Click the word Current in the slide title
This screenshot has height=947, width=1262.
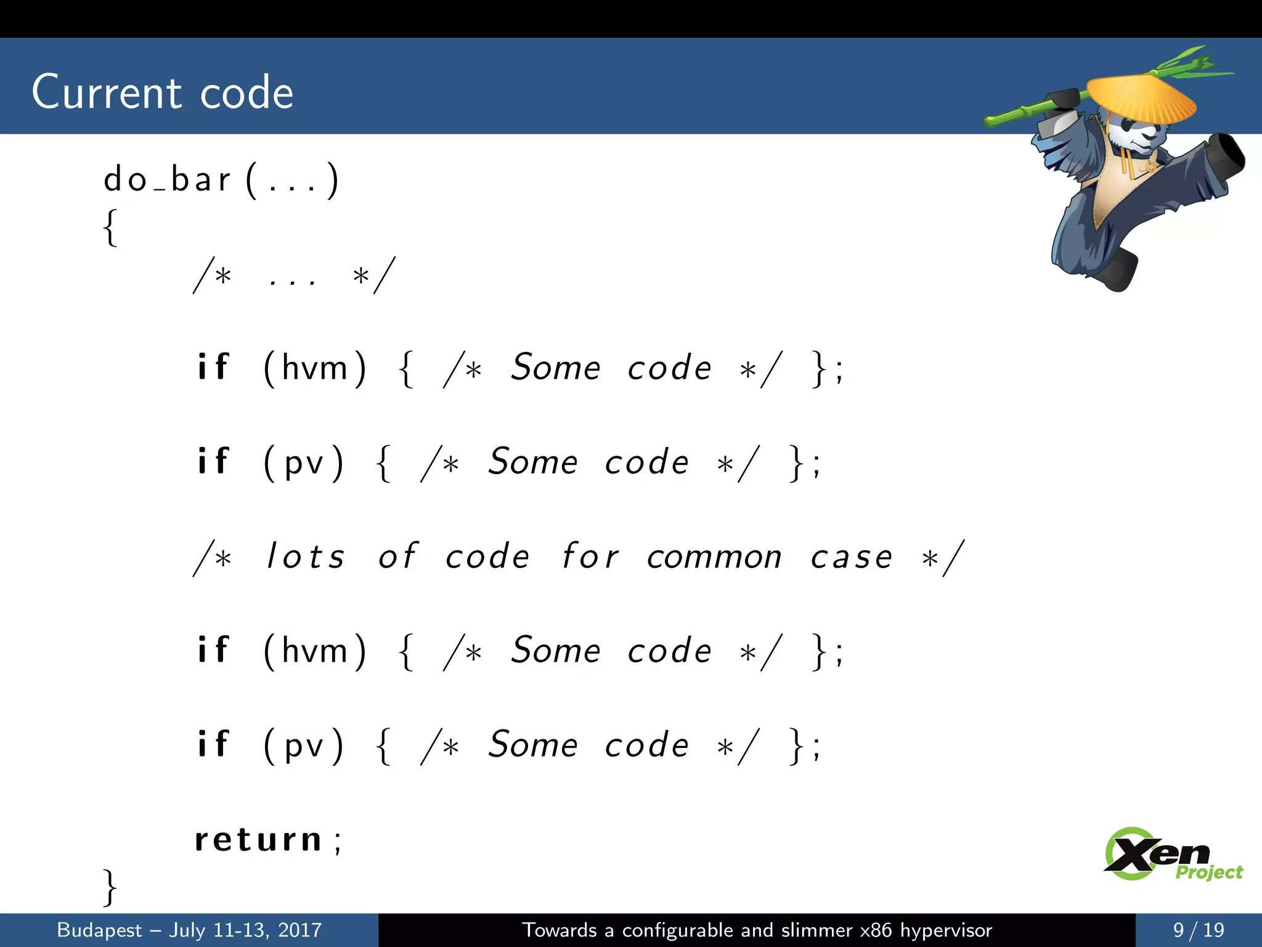click(x=107, y=92)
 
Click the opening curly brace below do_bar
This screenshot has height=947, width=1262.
click(x=110, y=228)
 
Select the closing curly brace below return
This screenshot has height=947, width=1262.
click(x=110, y=888)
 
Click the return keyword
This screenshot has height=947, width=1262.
click(x=258, y=840)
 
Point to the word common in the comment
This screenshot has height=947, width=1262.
click(x=714, y=557)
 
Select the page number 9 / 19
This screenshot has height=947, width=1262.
click(x=1198, y=930)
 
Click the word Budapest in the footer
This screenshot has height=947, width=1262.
click(x=99, y=930)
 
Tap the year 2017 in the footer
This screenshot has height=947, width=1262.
click(x=299, y=930)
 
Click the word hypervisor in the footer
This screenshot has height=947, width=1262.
click(x=946, y=930)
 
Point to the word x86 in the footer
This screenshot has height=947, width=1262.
click(x=876, y=930)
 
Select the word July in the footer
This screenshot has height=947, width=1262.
click(x=187, y=930)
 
